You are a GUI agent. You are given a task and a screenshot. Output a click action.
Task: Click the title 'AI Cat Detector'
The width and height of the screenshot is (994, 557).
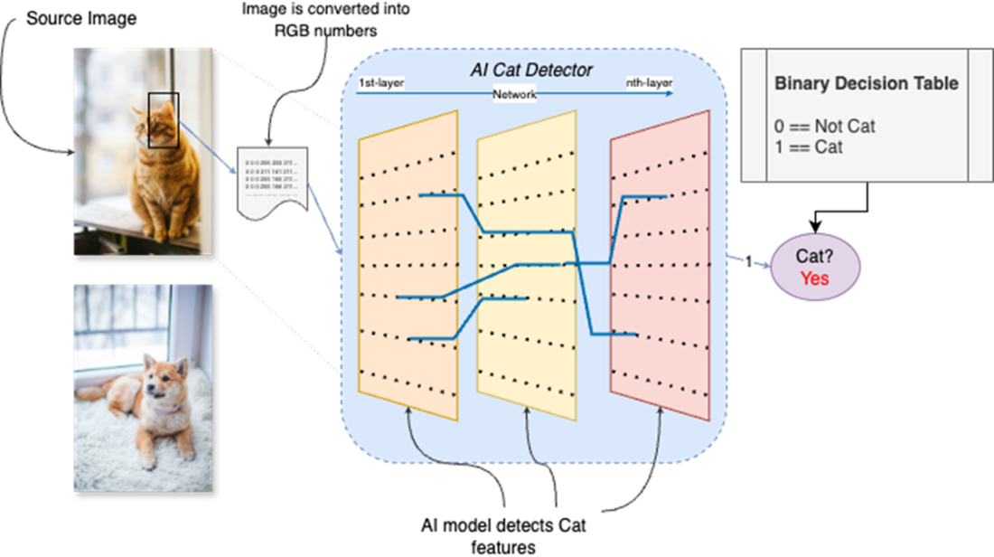tap(531, 70)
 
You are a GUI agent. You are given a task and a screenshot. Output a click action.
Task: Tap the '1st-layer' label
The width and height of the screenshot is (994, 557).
tap(380, 84)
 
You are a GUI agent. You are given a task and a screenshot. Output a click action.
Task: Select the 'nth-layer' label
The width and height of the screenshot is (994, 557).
tap(649, 84)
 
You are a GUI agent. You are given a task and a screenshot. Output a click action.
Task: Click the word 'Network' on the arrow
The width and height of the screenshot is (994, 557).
tap(514, 94)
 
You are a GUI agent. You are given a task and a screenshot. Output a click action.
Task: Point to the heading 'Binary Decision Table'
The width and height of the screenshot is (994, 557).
tap(866, 84)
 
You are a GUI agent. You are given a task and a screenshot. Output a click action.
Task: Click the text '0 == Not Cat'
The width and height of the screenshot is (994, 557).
tap(824, 126)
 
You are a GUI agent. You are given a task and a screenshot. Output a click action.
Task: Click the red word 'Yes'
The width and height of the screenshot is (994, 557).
tap(814, 278)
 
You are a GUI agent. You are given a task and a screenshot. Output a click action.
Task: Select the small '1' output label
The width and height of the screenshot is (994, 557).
tap(748, 262)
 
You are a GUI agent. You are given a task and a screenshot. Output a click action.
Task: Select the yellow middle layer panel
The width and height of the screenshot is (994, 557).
tap(525, 362)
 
